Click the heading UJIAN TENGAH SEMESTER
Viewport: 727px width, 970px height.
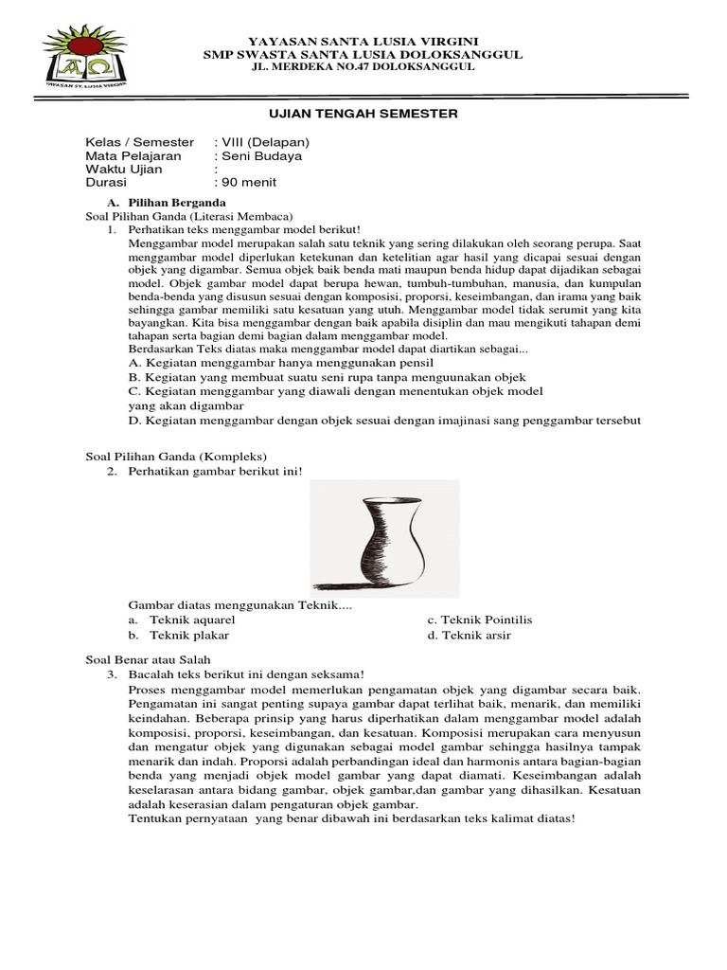pyautogui.click(x=363, y=114)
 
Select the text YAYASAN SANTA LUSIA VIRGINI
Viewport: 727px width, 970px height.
pyautogui.click(x=363, y=43)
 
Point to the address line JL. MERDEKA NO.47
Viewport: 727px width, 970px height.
pyautogui.click(x=363, y=69)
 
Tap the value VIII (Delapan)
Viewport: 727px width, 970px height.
pyautogui.click(x=261, y=142)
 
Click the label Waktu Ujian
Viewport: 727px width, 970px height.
pyautogui.click(x=124, y=169)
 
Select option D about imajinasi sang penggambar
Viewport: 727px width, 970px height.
pyautogui.click(x=384, y=420)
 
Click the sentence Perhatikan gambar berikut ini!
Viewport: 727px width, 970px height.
pyautogui.click(x=215, y=472)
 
